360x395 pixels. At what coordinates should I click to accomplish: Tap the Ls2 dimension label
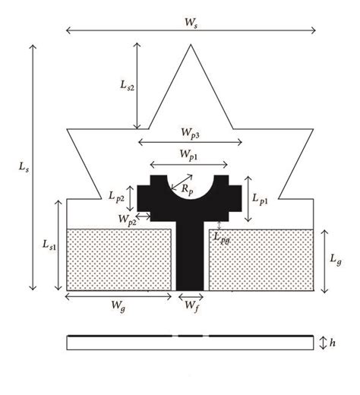pyautogui.click(x=127, y=87)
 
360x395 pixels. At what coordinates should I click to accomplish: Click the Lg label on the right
pyautogui.click(x=336, y=260)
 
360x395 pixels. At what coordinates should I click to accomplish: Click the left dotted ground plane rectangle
pyautogui.click(x=122, y=258)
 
